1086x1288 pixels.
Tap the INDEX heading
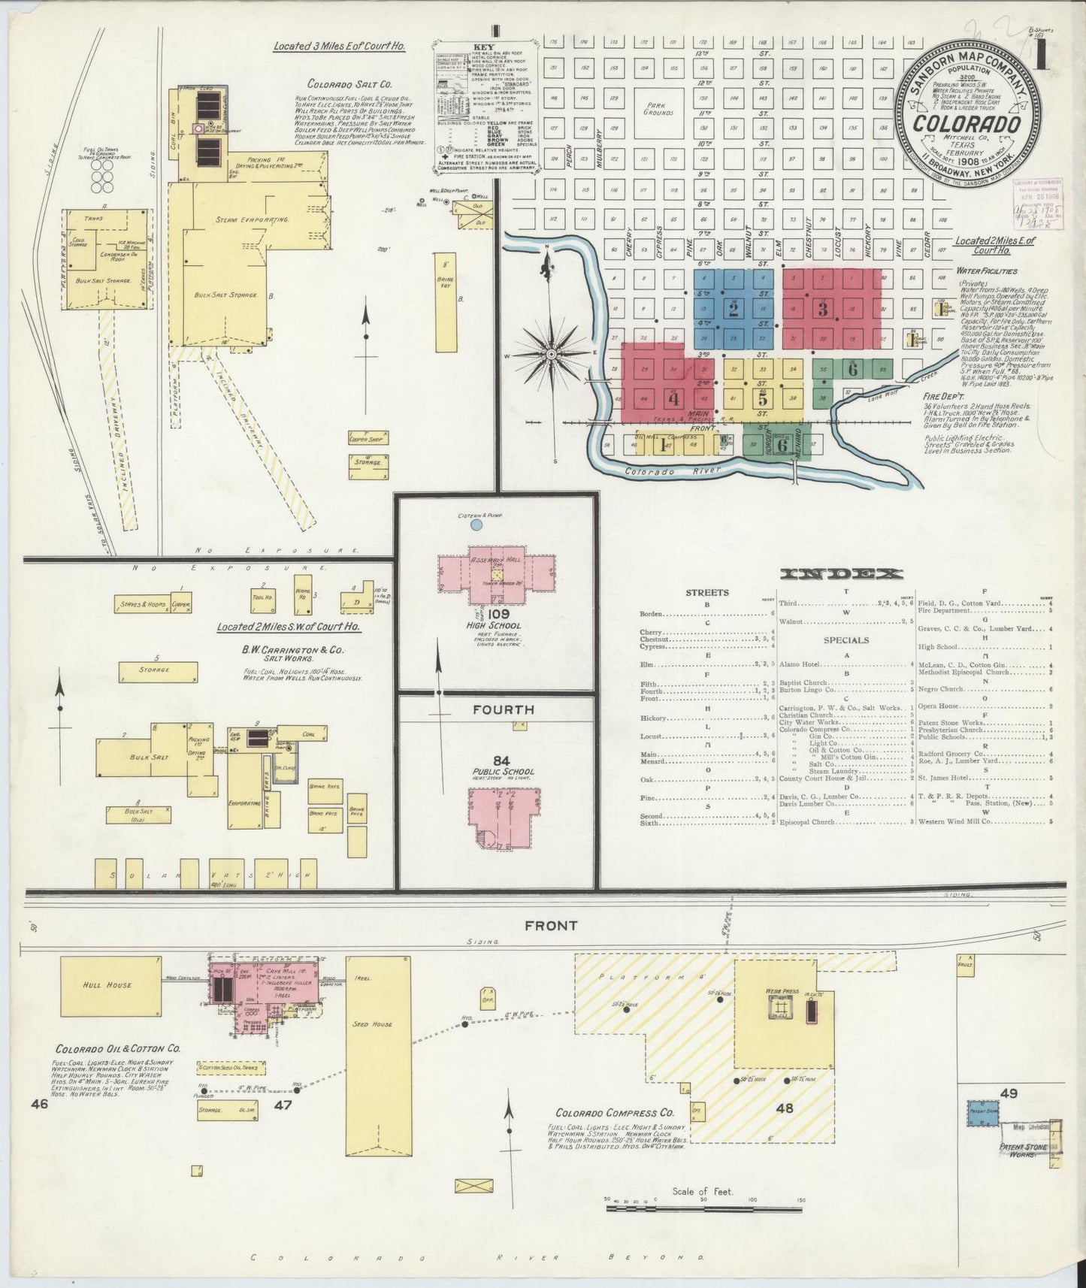pyautogui.click(x=842, y=574)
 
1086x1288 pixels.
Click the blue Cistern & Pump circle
pyautogui.click(x=476, y=525)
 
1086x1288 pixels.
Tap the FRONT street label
pyautogui.click(x=551, y=927)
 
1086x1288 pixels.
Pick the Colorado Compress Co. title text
pyautogui.click(x=614, y=1114)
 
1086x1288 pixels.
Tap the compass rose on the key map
pyautogui.click(x=552, y=353)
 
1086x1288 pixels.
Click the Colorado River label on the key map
pyautogui.click(x=671, y=470)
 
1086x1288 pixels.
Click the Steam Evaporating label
pyautogui.click(x=242, y=219)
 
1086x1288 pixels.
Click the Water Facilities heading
pyautogui.click(x=987, y=271)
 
